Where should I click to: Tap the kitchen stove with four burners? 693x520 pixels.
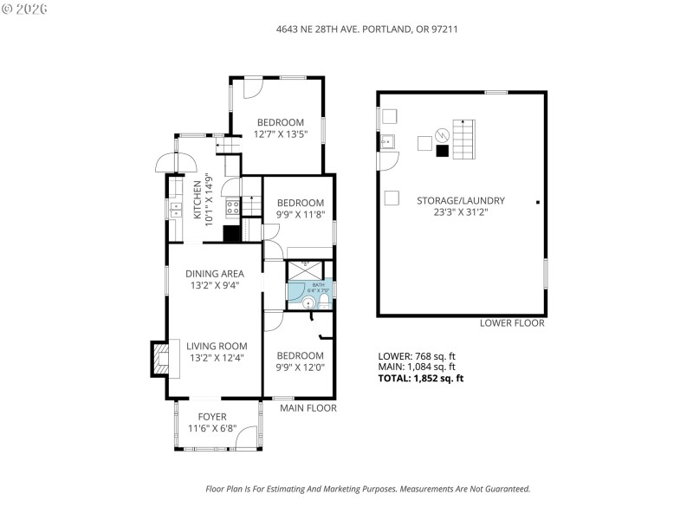click(232, 207)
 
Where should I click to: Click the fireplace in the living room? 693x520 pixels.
click(160, 357)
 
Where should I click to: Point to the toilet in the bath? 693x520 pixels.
click(324, 300)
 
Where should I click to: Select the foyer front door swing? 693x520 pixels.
click(249, 439)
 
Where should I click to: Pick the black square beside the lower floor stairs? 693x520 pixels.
click(442, 151)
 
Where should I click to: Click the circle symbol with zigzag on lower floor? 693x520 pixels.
click(443, 134)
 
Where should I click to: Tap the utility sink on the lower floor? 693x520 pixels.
click(387, 141)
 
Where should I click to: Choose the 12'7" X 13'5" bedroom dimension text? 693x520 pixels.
click(280, 134)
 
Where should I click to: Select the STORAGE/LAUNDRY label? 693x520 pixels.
click(460, 200)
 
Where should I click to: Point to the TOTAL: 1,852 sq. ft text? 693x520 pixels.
click(421, 378)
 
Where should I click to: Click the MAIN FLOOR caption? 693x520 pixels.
click(308, 407)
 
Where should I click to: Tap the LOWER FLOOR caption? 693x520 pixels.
click(512, 323)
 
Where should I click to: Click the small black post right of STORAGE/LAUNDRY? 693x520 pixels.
click(537, 202)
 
